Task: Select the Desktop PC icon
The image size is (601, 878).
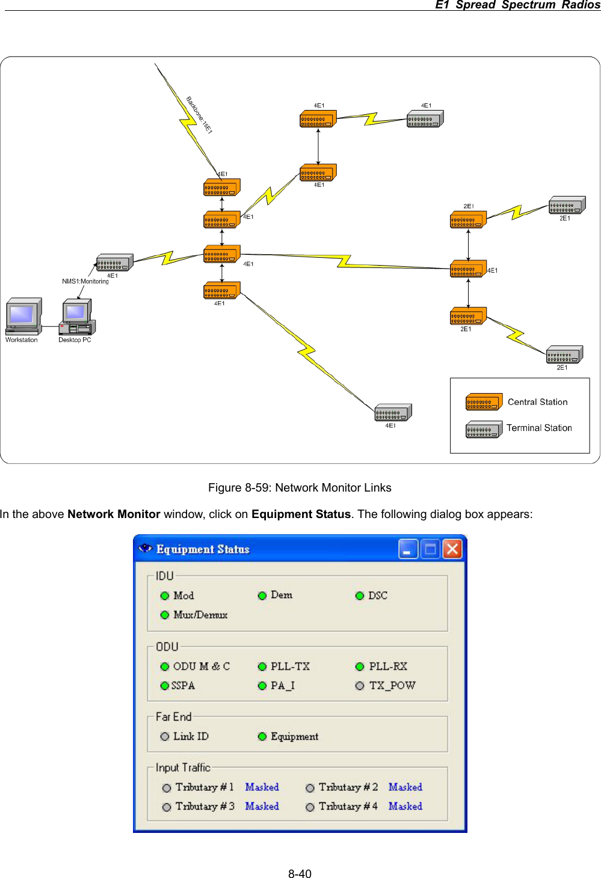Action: point(76,317)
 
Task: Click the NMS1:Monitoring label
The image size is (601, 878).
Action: point(85,281)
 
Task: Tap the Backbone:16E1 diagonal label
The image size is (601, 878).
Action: point(199,115)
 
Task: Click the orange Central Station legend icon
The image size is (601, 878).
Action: point(484,402)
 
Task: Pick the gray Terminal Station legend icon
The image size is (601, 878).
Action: point(484,429)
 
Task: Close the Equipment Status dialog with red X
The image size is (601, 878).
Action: point(452,549)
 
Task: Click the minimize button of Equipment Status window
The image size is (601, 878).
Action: point(408,549)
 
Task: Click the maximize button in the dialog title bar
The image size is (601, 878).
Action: point(430,549)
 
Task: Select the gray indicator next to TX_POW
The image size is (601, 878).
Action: point(360,686)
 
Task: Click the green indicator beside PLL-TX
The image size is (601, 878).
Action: point(262,666)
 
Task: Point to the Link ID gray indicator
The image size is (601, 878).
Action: point(165,736)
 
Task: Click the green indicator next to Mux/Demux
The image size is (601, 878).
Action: point(165,615)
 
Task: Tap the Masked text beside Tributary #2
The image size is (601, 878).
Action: point(405,787)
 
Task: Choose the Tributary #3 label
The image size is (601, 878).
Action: point(205,806)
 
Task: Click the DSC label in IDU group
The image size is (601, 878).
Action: point(378,596)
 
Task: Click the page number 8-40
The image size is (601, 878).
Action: point(300,874)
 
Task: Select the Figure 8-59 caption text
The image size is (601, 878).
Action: point(300,487)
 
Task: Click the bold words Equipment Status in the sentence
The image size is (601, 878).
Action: point(301,514)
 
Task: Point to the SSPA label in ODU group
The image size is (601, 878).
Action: point(183,686)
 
